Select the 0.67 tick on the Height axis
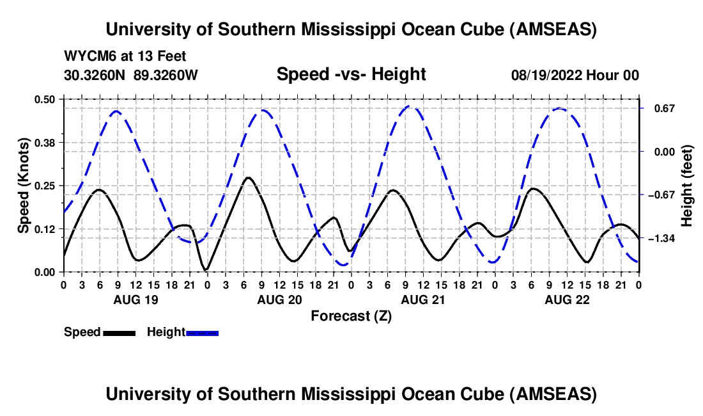tap(658, 108)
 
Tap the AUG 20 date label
tap(278, 300)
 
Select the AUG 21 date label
tap(422, 300)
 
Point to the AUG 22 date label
tap(566, 300)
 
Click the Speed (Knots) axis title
tap(24, 186)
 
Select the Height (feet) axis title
tap(688, 186)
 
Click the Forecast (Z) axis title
tap(351, 316)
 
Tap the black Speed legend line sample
tap(119, 333)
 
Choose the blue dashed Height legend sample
tap(203, 333)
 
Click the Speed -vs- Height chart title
tap(351, 74)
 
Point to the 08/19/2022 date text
tap(546, 76)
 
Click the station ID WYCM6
tap(88, 57)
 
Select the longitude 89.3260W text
tap(166, 76)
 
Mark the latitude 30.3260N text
tap(95, 76)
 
